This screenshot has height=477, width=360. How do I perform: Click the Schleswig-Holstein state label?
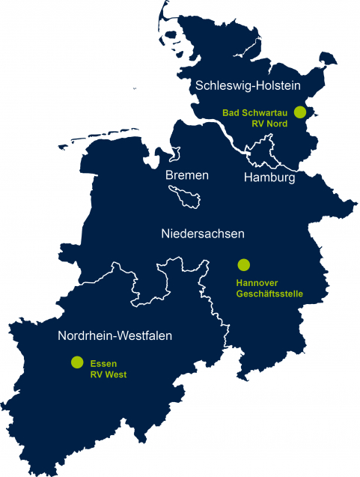point(248,86)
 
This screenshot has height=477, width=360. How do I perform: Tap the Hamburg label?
point(269,178)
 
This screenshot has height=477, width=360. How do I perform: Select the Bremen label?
point(187,175)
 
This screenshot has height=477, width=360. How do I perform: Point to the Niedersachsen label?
point(203,234)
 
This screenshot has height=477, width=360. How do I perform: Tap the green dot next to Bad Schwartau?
point(300,112)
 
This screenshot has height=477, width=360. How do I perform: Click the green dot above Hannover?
point(243,264)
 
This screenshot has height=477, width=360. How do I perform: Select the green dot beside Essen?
point(76,362)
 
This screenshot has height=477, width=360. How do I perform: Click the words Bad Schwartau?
point(256,112)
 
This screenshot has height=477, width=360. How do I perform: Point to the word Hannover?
point(257,284)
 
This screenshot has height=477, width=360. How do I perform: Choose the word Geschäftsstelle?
point(269,294)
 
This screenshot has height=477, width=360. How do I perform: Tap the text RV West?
point(109,373)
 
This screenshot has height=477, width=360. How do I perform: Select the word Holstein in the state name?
point(278,86)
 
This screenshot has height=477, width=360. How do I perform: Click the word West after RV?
point(115,373)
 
